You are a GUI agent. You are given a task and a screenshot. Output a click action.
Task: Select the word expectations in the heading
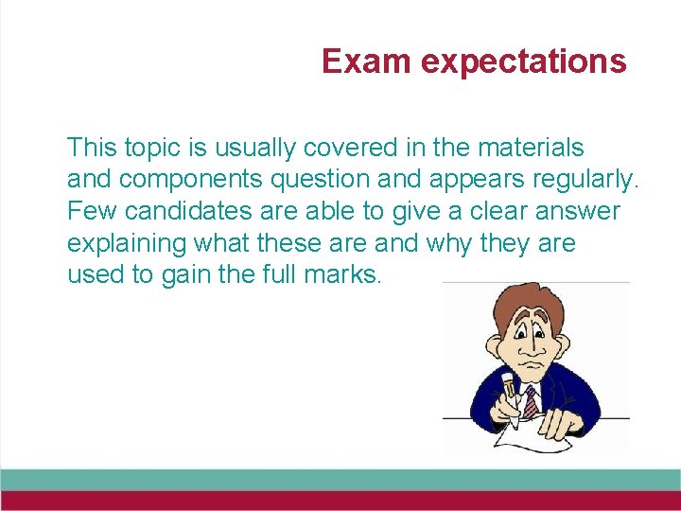523,62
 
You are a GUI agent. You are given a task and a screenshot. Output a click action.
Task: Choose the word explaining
127,243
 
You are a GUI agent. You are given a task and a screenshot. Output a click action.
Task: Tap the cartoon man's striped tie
530,400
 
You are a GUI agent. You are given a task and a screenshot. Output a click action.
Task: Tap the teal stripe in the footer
340,479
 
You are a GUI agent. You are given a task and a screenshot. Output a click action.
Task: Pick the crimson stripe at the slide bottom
340,501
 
